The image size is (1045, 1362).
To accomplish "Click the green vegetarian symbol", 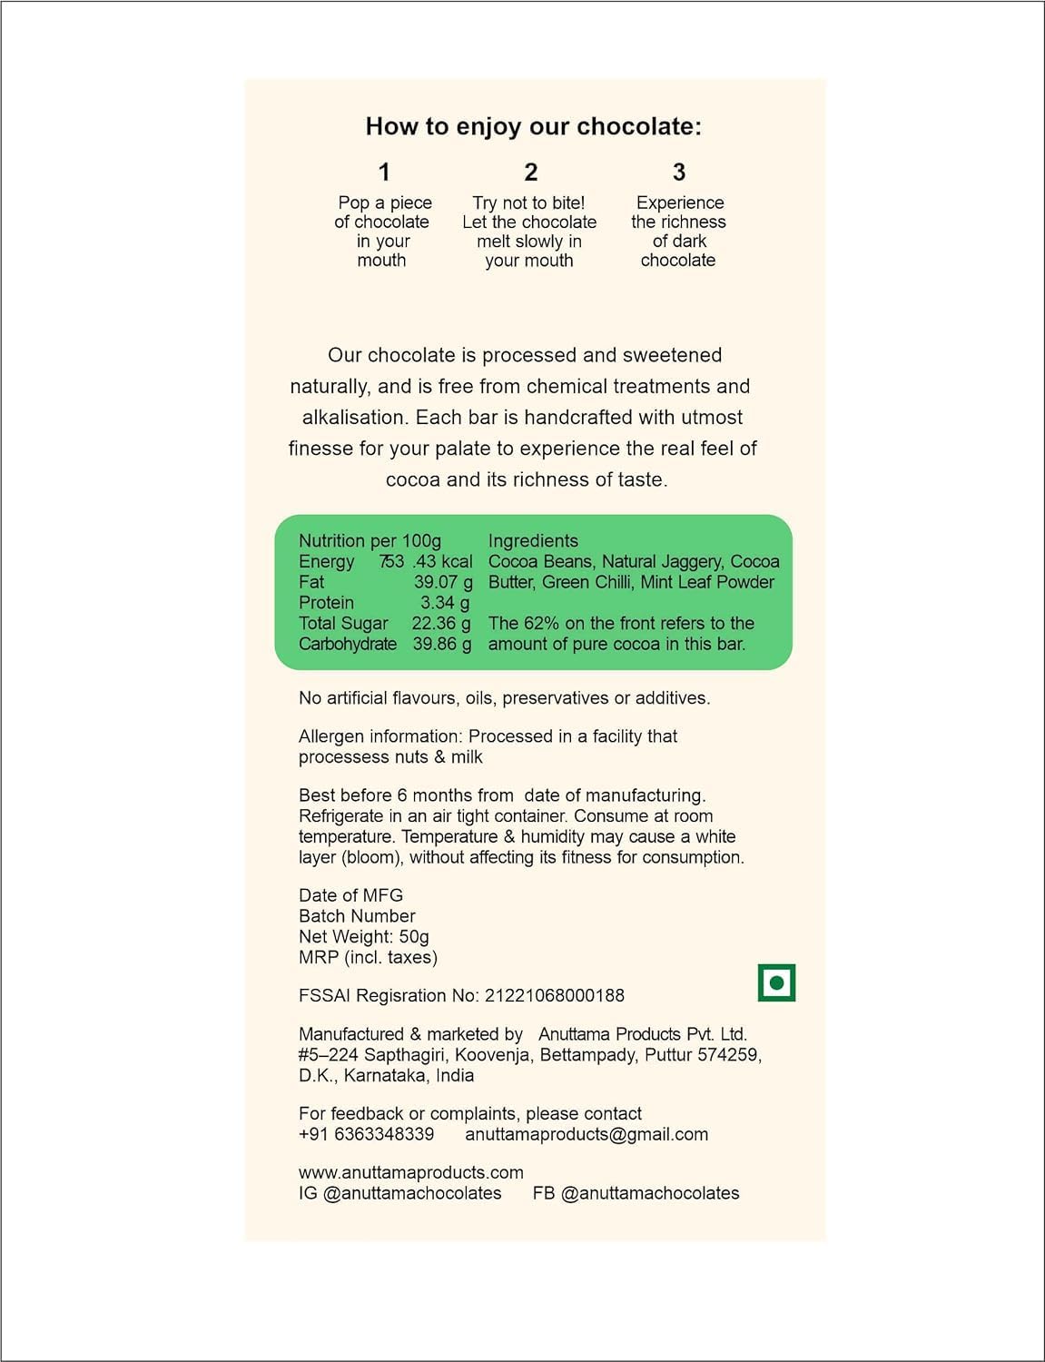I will pos(776,982).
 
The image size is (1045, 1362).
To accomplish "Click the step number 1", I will pos(384,173).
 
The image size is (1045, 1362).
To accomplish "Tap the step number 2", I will pos(531,173).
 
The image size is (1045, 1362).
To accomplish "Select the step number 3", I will pos(679,173).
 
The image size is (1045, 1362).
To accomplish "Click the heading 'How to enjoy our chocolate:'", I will pos(533,126).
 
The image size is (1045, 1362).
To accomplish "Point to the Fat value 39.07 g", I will pos(443,582).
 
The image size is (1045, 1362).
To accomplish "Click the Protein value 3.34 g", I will pos(445,603).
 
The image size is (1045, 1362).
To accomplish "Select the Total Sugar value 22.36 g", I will pos(441,624).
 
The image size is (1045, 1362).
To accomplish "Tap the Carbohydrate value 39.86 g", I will pos(442,644).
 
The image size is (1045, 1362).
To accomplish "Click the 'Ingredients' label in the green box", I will pos(533,541).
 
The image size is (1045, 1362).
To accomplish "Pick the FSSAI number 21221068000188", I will pos(555,996).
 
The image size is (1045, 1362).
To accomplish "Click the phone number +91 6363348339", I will pos(366,1134).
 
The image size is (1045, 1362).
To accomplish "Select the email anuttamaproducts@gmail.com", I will pos(587,1134).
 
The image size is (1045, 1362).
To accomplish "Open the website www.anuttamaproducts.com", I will pos(410,1173).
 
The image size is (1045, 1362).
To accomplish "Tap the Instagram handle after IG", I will pos(412,1193).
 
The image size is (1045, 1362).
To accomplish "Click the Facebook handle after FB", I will pos(650,1193).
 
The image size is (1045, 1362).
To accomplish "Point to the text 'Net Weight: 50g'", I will pos(364,937).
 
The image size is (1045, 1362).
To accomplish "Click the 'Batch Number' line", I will pos(357,916).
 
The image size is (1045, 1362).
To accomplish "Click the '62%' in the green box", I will pos(541,624).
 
